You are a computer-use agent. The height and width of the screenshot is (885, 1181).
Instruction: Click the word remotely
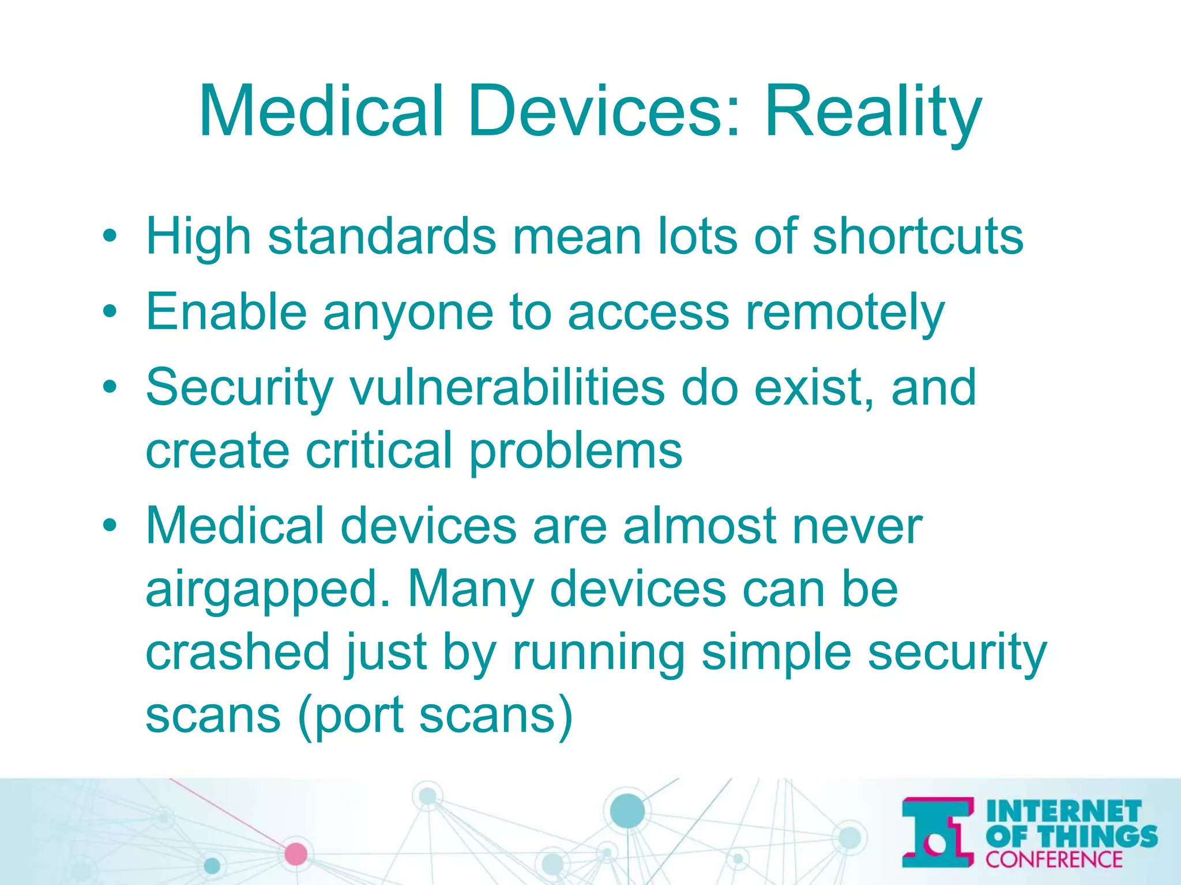(x=845, y=312)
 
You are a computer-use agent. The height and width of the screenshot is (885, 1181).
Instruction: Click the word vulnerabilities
(x=507, y=387)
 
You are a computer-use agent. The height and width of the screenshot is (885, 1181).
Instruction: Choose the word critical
(x=378, y=451)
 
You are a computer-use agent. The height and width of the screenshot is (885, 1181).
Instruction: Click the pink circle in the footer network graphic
(x=296, y=853)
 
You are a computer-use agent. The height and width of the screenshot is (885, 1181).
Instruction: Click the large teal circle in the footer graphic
(x=627, y=811)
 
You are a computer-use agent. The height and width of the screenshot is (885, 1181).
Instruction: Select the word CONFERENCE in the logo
(x=1054, y=860)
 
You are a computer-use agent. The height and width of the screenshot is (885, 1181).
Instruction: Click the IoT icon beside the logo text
(x=938, y=833)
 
